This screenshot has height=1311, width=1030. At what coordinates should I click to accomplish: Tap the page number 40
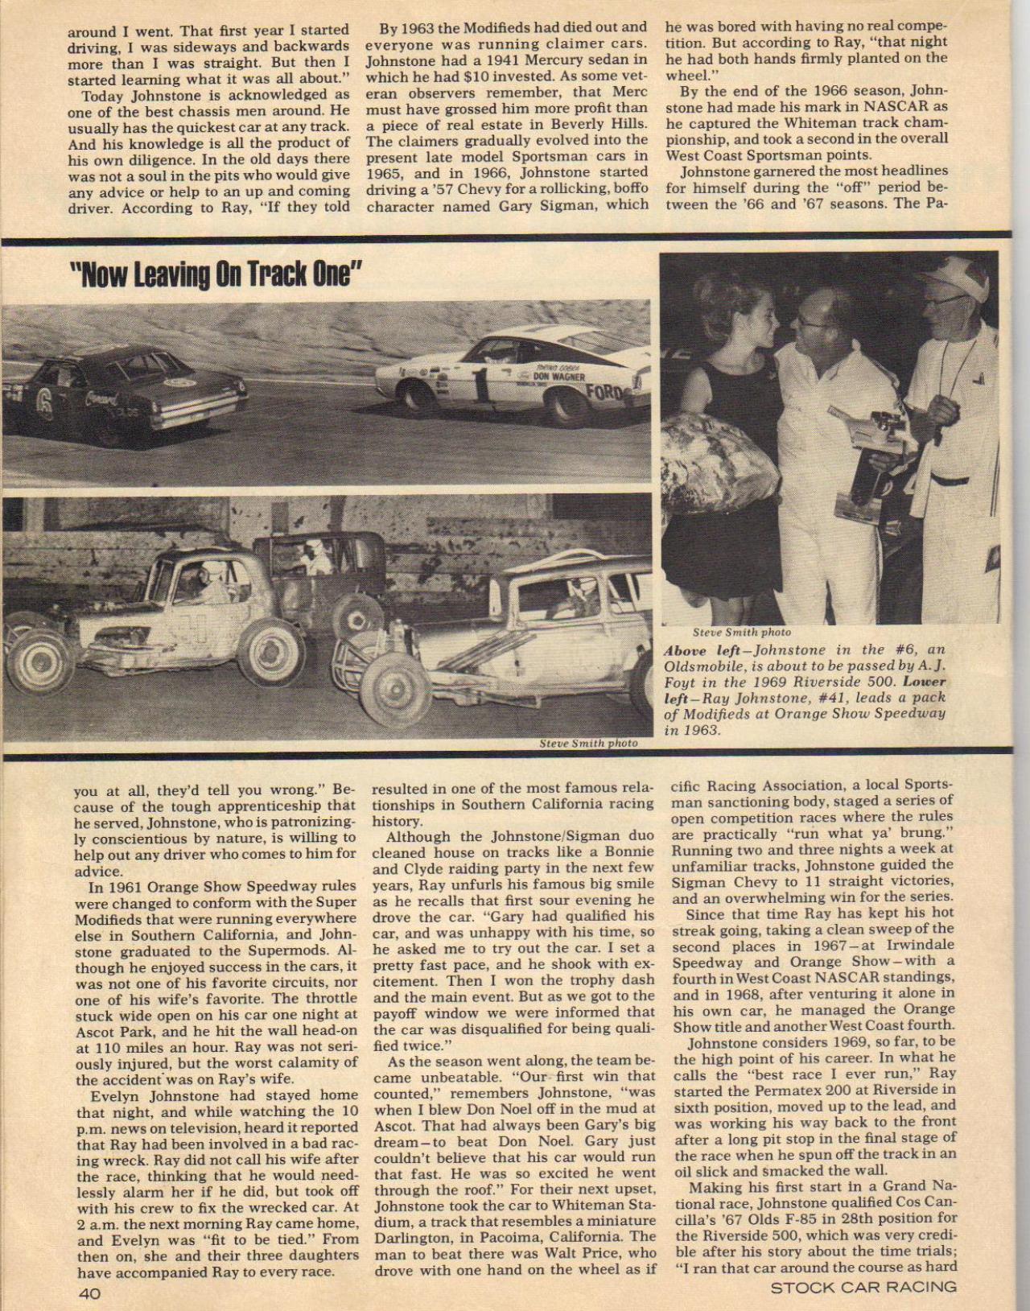(89, 1293)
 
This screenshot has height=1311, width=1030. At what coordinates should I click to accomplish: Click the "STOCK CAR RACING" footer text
(863, 1286)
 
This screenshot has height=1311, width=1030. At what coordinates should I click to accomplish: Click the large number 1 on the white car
(480, 384)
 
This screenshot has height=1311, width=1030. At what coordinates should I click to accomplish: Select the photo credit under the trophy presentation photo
(741, 633)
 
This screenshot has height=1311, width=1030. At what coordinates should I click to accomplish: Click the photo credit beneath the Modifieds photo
(588, 743)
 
